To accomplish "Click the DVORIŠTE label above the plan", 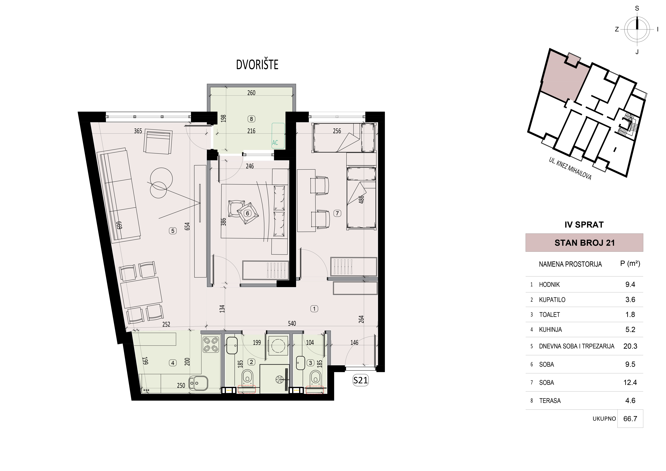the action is (x=257, y=65).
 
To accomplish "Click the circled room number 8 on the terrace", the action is (x=251, y=119).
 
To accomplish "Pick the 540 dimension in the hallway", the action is (x=292, y=323).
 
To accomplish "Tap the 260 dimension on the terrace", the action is (x=251, y=93).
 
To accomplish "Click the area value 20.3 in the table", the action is (x=630, y=346).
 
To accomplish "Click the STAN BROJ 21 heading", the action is (x=585, y=243).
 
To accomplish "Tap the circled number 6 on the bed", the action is (x=247, y=213).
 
